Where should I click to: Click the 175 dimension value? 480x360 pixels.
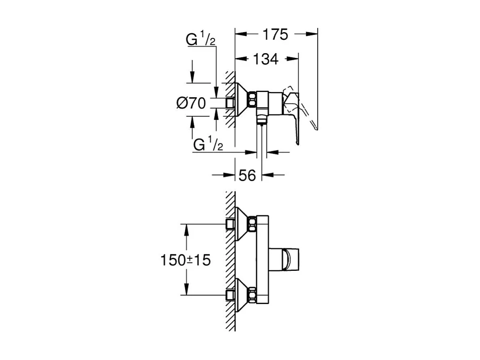[x=276, y=34]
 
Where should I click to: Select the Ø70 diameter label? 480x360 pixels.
[x=191, y=103]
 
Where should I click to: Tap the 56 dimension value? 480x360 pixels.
[x=248, y=175]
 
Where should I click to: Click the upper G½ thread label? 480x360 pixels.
[x=201, y=40]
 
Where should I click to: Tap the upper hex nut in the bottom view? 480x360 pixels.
[x=252, y=224]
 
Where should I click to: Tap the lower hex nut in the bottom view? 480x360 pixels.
[x=252, y=295]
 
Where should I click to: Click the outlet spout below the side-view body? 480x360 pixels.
[x=261, y=120]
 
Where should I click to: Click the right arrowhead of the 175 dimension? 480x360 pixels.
[x=313, y=34]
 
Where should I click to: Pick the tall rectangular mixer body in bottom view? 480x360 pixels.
[x=263, y=260]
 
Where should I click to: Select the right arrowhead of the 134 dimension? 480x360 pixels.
[x=294, y=59]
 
